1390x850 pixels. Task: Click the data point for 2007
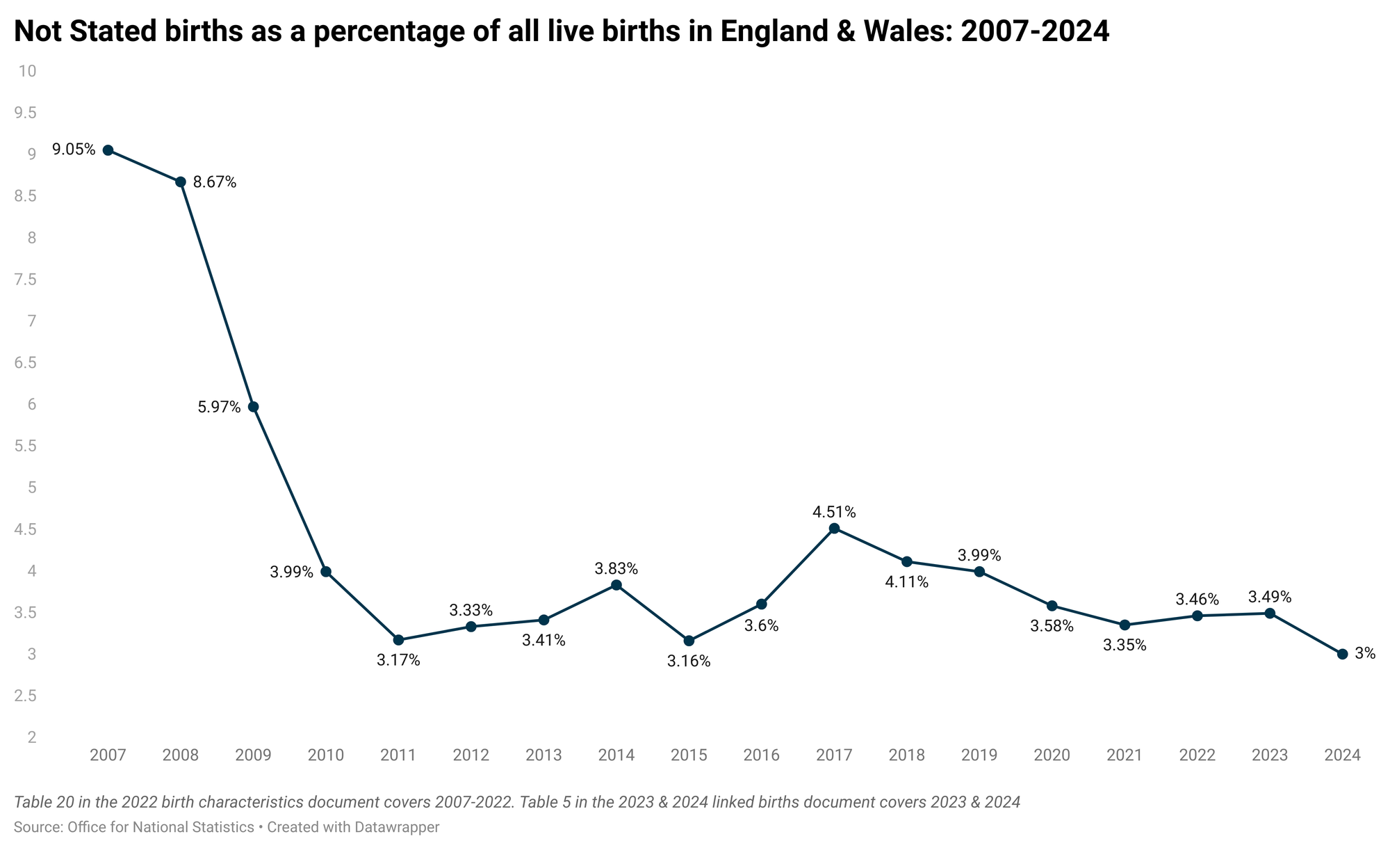click(108, 150)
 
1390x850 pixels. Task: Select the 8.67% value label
click(215, 183)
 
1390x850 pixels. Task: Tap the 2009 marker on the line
click(254, 407)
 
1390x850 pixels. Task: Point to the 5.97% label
click(219, 408)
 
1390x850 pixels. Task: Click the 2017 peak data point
click(834, 529)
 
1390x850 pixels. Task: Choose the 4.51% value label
click(834, 513)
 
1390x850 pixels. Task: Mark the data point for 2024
click(1342, 654)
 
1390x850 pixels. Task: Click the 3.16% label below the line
click(689, 661)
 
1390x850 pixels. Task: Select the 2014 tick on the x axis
click(616, 755)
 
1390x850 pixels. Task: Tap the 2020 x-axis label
click(1052, 755)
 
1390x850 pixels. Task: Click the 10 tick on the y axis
click(28, 71)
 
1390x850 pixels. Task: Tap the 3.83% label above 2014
click(616, 569)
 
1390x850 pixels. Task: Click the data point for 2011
click(398, 640)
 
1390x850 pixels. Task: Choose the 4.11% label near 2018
click(906, 583)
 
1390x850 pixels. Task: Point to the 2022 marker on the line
click(1197, 616)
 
